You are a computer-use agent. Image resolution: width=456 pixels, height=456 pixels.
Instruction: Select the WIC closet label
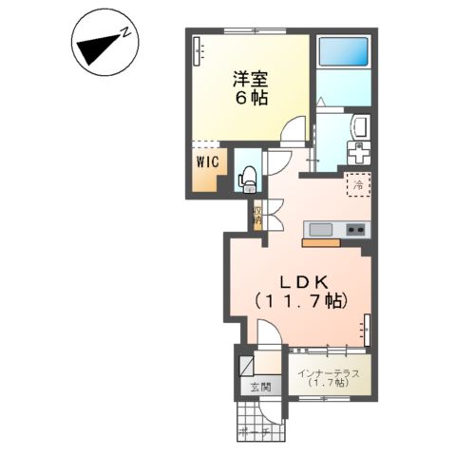(x=207, y=162)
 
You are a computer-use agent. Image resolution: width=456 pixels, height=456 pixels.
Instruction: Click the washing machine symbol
(x=359, y=153)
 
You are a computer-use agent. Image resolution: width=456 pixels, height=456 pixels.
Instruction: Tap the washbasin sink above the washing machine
(x=360, y=126)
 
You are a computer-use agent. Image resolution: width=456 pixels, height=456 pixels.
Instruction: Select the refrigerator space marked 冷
(x=359, y=186)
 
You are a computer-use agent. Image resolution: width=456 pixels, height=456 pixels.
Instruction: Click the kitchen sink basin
(x=318, y=229)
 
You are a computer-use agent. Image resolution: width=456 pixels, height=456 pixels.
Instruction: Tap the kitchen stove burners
(x=356, y=229)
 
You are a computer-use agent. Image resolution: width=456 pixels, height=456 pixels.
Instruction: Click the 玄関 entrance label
(x=260, y=388)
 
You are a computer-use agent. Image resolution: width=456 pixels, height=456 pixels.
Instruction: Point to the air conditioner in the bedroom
(x=198, y=49)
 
